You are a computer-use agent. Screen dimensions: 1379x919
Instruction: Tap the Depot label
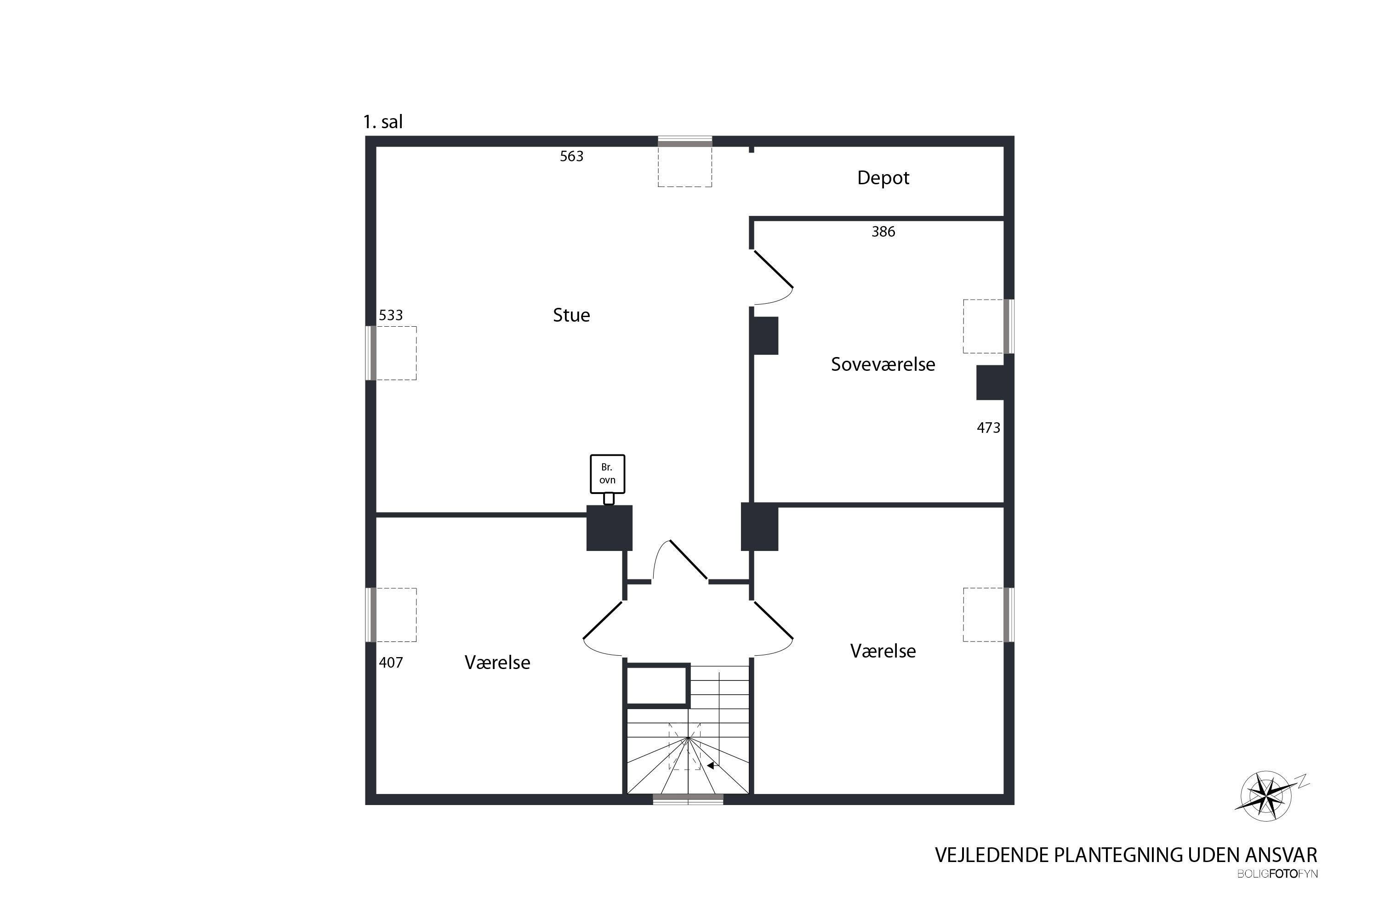click(883, 177)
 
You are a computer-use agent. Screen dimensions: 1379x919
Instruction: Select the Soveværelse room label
click(883, 364)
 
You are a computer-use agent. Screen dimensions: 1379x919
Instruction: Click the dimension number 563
click(572, 156)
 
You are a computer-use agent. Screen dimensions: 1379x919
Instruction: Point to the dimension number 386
click(883, 232)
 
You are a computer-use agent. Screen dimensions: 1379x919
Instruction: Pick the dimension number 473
click(989, 428)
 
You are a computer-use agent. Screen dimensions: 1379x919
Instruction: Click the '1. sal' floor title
click(383, 122)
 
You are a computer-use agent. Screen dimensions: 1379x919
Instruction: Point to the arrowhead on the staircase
click(711, 765)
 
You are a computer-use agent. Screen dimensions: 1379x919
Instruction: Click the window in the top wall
click(685, 141)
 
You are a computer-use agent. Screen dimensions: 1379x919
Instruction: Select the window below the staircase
click(688, 799)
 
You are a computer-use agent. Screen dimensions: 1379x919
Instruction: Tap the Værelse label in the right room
click(883, 651)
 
